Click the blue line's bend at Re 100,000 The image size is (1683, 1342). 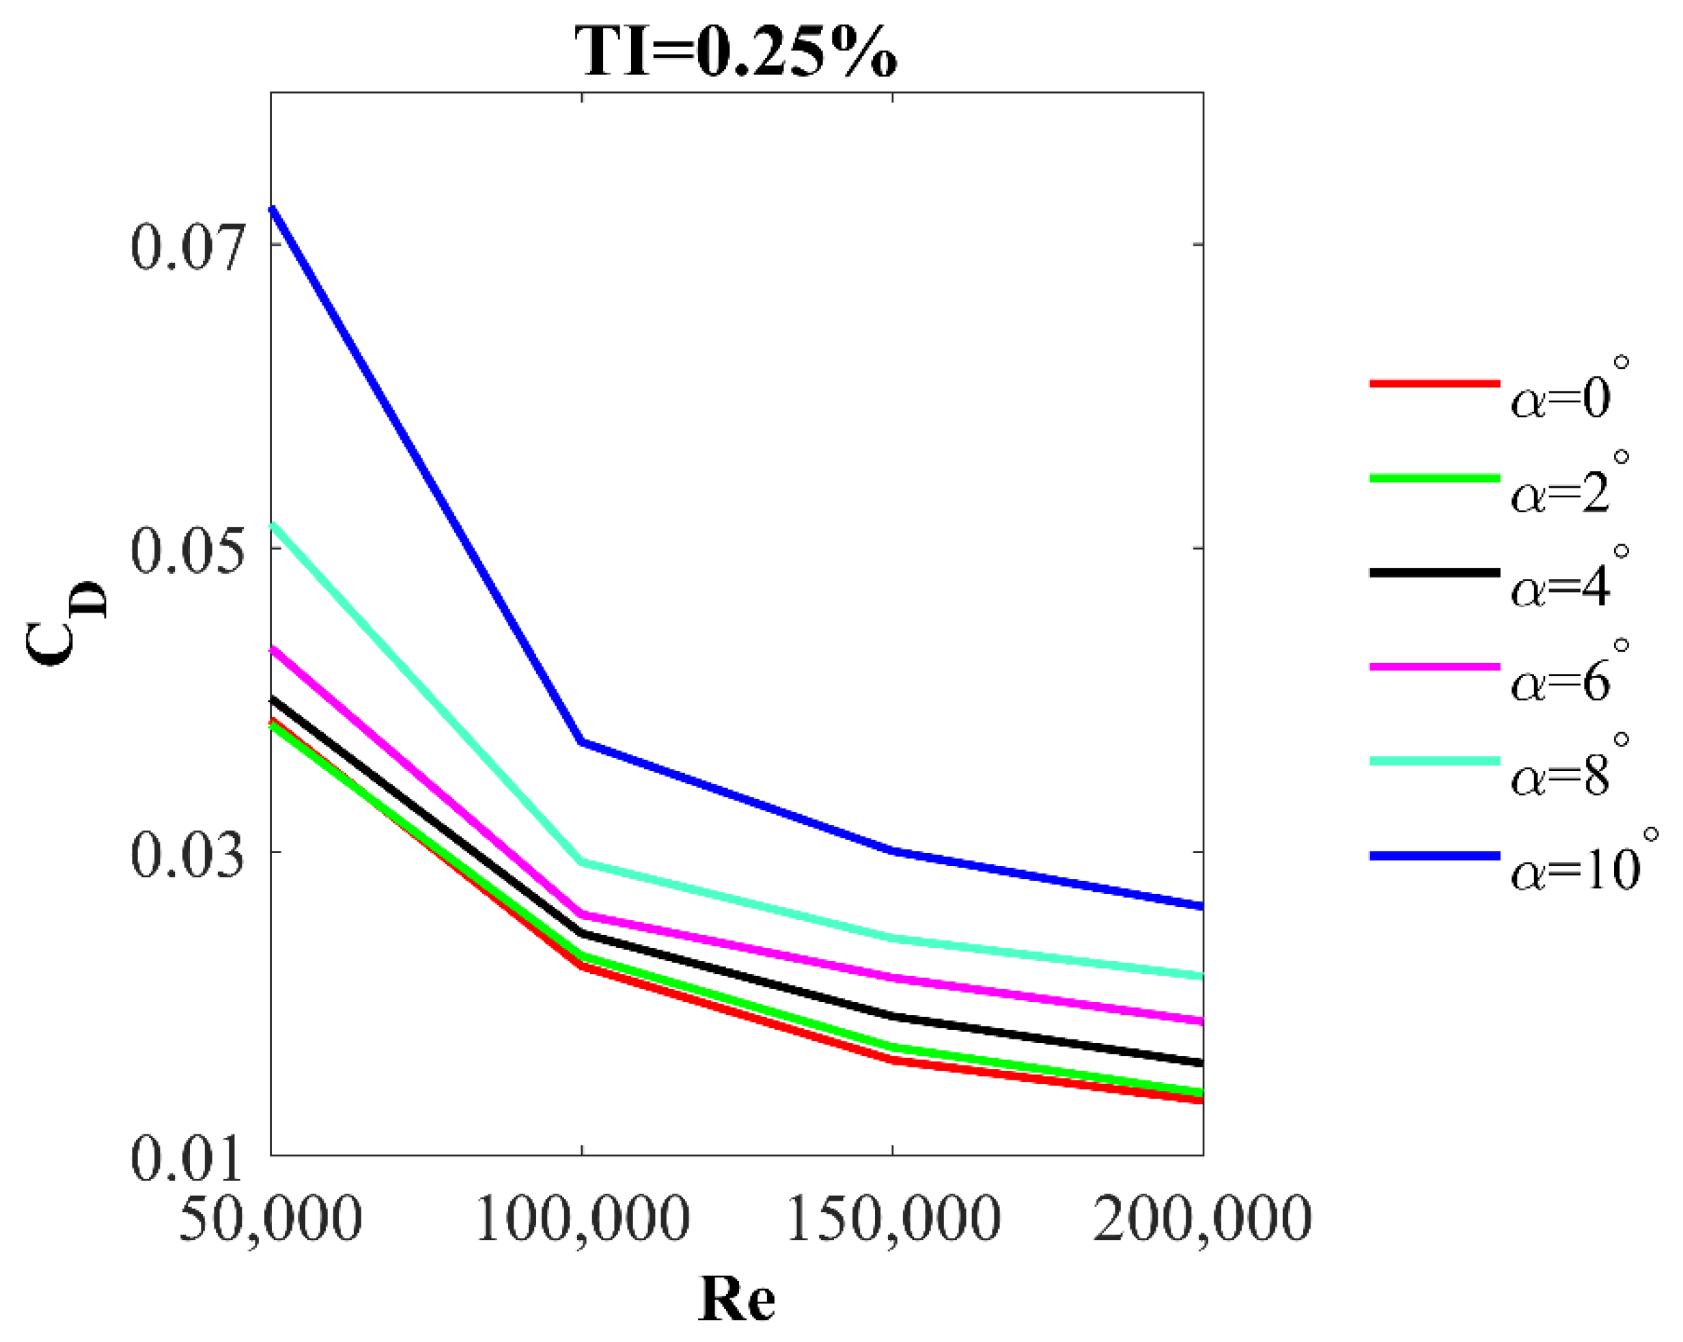[x=581, y=742]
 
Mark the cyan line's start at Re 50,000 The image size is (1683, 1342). [x=272, y=525]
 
